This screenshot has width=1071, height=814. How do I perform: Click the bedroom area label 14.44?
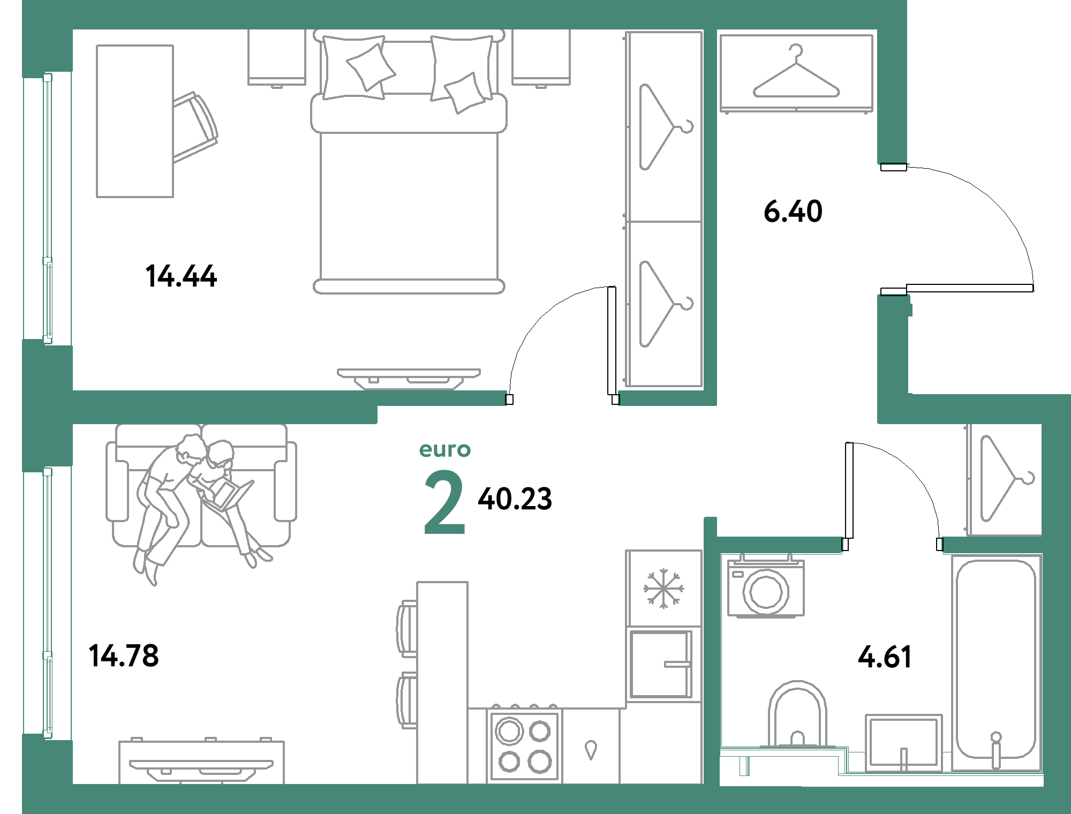click(x=181, y=276)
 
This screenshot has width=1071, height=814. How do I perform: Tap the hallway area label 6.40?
click(x=793, y=211)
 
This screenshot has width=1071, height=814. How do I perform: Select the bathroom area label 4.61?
click(x=885, y=657)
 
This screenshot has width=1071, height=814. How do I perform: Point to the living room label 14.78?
click(x=124, y=655)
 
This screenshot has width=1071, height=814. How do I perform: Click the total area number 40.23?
click(x=515, y=499)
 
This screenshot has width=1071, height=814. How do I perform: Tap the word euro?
click(x=444, y=450)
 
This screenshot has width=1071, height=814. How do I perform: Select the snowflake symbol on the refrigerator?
click(x=663, y=589)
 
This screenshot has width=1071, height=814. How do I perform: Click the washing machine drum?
click(x=766, y=592)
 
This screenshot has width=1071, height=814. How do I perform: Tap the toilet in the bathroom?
click(x=797, y=714)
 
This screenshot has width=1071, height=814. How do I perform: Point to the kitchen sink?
click(x=661, y=664)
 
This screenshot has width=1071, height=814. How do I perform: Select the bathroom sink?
click(x=903, y=742)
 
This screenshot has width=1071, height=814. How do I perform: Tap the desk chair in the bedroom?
click(x=195, y=127)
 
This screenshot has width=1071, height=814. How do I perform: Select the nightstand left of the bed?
click(x=276, y=58)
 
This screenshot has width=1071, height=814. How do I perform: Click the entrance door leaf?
click(x=970, y=288)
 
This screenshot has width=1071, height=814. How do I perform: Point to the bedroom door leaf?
click(x=612, y=341)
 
